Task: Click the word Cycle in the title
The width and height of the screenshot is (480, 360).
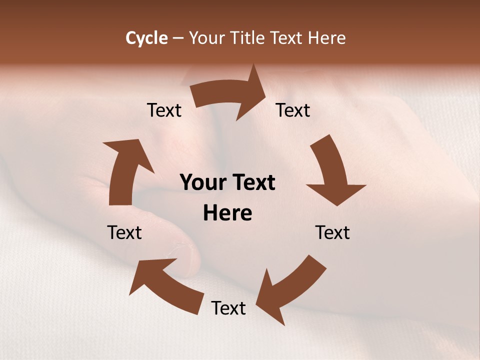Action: pyautogui.click(x=146, y=38)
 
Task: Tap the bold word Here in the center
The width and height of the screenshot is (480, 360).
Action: pyautogui.click(x=227, y=213)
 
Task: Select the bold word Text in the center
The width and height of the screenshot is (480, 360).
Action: pyautogui.click(x=252, y=182)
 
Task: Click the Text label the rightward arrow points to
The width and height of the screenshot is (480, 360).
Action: pyautogui.click(x=293, y=110)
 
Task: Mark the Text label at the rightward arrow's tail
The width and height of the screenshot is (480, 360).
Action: pyautogui.click(x=164, y=110)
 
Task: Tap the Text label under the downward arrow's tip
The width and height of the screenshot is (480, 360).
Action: pyautogui.click(x=332, y=232)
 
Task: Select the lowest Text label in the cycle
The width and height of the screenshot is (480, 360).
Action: pyautogui.click(x=228, y=308)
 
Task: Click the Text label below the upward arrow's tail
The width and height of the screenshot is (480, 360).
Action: pyautogui.click(x=124, y=232)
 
